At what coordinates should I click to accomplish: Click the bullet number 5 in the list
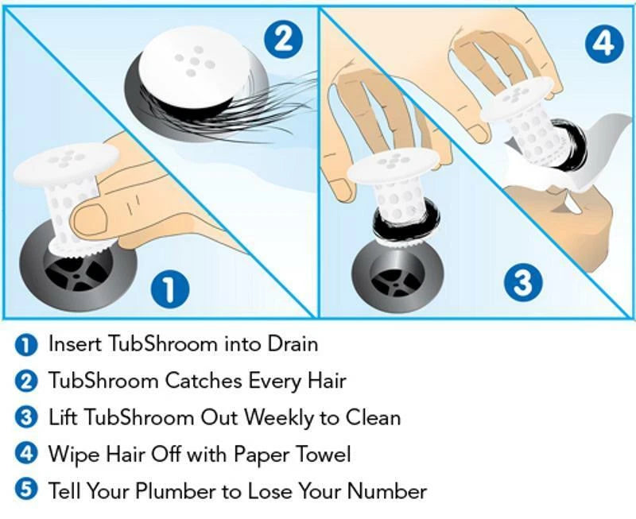coord(26,490)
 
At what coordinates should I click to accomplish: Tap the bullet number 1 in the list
coord(26,345)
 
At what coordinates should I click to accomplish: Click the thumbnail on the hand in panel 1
coord(90,219)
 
